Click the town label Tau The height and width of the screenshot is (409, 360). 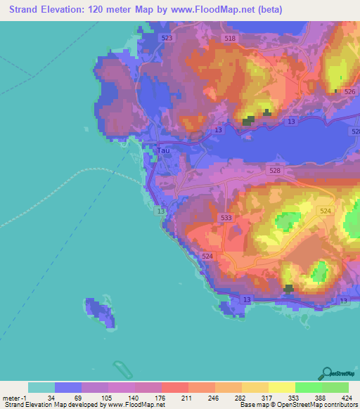click(163, 150)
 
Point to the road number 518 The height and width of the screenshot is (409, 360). click(229, 39)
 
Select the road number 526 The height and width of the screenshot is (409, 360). click(349, 92)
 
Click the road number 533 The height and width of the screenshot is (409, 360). click(226, 219)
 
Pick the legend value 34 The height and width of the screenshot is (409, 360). click(54, 397)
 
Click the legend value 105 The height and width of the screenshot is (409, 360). click(108, 397)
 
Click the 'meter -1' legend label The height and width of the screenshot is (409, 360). click(14, 397)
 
